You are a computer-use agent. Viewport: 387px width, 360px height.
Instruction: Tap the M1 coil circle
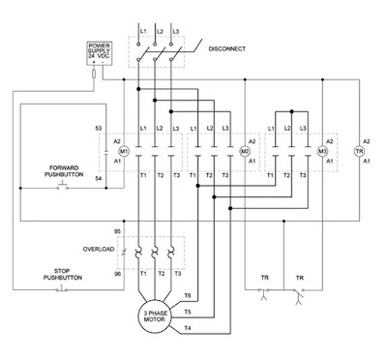[124, 152]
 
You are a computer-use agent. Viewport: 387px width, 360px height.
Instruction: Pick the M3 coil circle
[323, 152]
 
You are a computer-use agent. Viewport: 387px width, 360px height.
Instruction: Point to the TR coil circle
[359, 152]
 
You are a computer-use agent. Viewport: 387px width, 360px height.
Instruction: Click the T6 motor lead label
[187, 295]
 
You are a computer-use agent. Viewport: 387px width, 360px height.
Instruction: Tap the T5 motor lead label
[187, 312]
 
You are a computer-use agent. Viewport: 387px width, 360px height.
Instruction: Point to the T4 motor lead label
[187, 329]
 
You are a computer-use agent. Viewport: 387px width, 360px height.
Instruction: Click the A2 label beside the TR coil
[366, 138]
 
